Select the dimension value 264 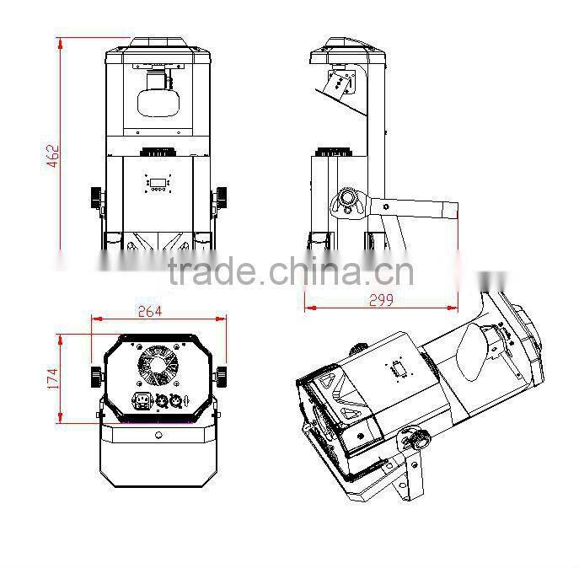[x=150, y=312]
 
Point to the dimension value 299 [x=382, y=300]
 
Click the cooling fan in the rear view [x=158, y=364]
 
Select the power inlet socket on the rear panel [x=142, y=401]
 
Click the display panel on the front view [x=158, y=182]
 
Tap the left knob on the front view [x=96, y=198]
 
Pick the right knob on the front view [x=222, y=198]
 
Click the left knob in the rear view [x=96, y=377]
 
